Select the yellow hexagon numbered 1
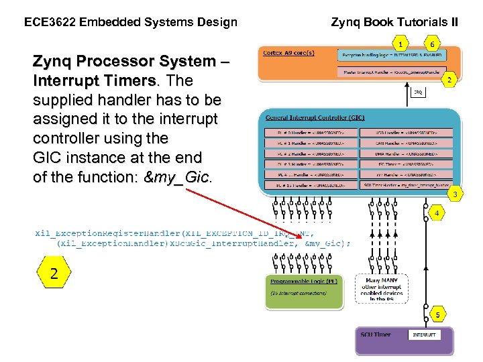click(x=401, y=44)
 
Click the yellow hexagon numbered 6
click(x=433, y=44)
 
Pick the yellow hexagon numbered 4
click(x=437, y=214)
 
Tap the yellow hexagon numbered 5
click(x=437, y=314)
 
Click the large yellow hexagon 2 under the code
click(x=54, y=273)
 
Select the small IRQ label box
click(x=417, y=93)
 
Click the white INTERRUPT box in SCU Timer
click(x=424, y=335)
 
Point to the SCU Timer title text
click(x=376, y=335)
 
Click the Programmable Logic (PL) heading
click(x=299, y=282)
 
